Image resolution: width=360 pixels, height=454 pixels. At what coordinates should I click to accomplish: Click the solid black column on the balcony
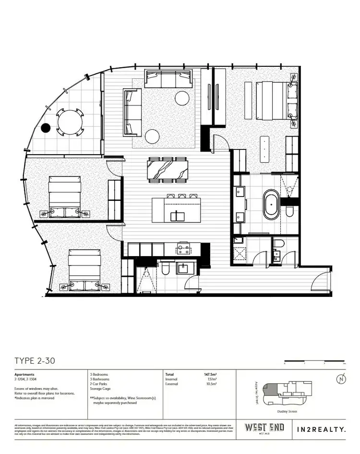[x=46, y=128]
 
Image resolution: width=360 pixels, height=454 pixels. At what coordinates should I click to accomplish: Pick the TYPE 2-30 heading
[x=35, y=361]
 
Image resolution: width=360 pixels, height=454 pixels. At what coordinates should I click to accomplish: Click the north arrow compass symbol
[x=341, y=379]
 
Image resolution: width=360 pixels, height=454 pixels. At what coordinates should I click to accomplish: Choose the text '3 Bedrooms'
[x=99, y=374]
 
